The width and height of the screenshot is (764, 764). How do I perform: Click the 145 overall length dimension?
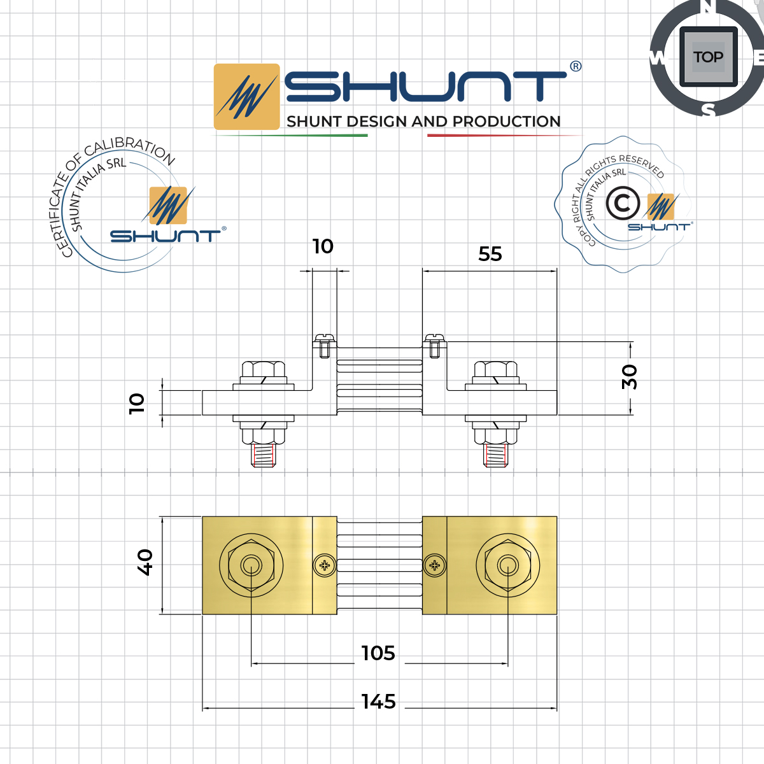(379, 702)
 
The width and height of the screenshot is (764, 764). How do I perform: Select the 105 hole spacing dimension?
(378, 653)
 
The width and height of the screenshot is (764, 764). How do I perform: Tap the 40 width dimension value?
(145, 562)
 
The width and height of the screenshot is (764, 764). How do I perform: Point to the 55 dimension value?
(490, 254)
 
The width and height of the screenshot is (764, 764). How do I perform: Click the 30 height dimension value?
(629, 377)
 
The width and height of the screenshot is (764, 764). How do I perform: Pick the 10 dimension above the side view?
(323, 246)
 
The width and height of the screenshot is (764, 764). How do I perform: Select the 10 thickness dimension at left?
(137, 403)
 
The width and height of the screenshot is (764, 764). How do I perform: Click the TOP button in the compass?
(708, 57)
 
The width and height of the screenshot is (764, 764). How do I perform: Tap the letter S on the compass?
(708, 110)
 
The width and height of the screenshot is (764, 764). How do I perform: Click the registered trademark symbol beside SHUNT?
(576, 66)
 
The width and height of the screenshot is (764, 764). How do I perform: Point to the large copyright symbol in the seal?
(623, 204)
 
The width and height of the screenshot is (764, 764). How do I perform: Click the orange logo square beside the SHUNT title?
(246, 97)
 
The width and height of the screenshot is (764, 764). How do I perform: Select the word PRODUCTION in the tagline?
(507, 122)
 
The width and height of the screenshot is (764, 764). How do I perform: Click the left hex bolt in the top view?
(251, 565)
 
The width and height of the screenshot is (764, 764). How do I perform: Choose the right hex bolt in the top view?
(507, 565)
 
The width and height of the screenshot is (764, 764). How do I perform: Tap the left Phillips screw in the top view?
(325, 565)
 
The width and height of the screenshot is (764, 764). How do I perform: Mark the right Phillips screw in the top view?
(435, 565)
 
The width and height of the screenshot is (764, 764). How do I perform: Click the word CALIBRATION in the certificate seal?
(131, 148)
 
